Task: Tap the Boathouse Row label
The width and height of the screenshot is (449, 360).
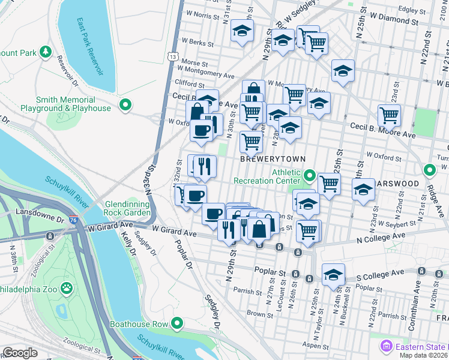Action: coord(139,324)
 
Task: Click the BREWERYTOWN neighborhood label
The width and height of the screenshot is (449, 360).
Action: coord(273,159)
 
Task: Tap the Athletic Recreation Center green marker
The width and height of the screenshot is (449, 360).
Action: coord(309,176)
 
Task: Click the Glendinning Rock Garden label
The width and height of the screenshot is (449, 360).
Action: coord(128,208)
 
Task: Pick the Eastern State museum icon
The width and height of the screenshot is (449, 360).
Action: coord(386,346)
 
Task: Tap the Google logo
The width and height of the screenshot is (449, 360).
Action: coord(20,353)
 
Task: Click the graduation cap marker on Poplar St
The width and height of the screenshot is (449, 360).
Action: coord(333,274)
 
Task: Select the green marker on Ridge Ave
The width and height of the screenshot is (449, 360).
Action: coord(430,170)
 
